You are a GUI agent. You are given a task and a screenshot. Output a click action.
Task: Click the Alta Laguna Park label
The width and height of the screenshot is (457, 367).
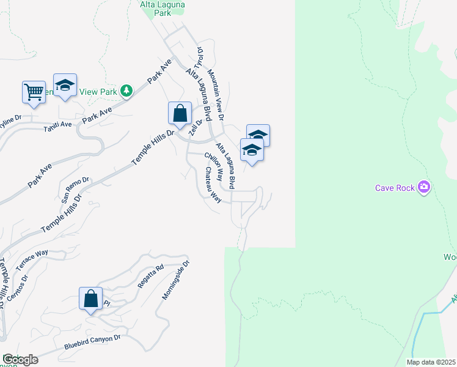point(163,7)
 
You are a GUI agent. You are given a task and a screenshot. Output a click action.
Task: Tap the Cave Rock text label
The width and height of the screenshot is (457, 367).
point(395,188)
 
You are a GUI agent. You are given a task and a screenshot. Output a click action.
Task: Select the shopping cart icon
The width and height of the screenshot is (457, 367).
point(34,92)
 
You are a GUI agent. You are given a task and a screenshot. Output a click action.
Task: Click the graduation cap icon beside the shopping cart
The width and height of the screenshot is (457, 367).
point(65,86)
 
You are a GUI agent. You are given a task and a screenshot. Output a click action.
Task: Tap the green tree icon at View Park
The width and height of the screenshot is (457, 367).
point(126,91)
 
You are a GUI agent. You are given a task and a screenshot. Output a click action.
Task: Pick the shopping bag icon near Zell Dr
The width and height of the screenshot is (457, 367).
point(180,113)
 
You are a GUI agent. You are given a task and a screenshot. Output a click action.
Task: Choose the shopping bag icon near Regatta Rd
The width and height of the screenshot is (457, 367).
point(90,299)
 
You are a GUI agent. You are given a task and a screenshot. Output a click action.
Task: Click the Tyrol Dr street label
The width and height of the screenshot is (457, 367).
point(198,57)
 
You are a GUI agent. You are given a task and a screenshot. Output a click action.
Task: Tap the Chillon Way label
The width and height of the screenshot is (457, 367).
point(213,165)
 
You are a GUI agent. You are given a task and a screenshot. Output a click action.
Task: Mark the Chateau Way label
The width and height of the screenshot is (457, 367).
point(213,185)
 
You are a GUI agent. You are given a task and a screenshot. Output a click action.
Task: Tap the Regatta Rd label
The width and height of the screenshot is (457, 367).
point(151,276)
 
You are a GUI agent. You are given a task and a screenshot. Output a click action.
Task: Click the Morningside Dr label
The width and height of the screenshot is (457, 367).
point(176,280)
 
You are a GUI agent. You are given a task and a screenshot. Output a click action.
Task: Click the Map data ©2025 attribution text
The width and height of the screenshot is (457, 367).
point(431,362)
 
